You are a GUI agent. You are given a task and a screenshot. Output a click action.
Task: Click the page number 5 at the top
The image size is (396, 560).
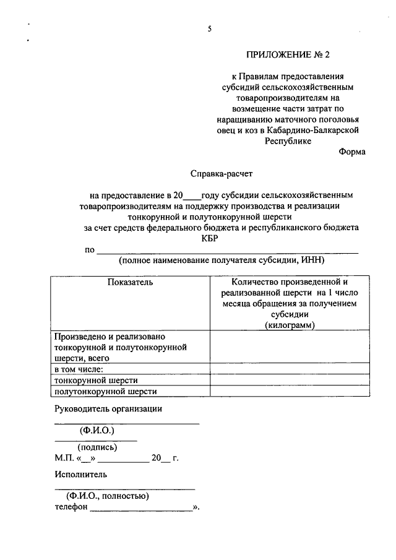click(x=210, y=29)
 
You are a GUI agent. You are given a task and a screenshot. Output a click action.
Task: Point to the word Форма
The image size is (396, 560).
click(x=352, y=152)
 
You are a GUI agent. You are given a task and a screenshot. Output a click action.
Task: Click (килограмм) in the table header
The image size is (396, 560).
click(x=290, y=325)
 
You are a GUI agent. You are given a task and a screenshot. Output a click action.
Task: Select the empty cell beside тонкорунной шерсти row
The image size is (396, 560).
click(x=290, y=380)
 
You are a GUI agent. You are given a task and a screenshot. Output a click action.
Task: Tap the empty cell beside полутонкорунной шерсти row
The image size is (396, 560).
click(x=290, y=391)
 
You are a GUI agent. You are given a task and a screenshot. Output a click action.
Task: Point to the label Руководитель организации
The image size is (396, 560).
click(x=108, y=408)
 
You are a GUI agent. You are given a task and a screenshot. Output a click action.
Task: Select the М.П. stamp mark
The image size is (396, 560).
click(x=63, y=459)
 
